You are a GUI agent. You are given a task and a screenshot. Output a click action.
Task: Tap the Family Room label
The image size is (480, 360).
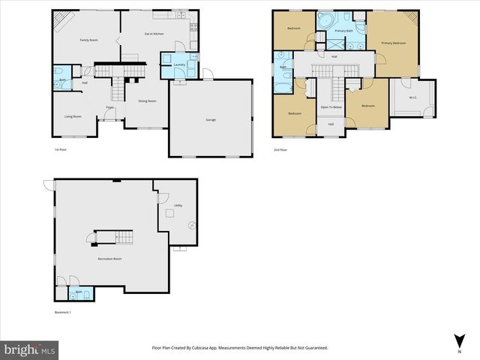[x=90, y=40]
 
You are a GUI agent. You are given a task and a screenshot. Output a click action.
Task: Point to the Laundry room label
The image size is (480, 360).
[x=179, y=65]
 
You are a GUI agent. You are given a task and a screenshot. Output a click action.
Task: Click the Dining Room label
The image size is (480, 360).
[x=147, y=100]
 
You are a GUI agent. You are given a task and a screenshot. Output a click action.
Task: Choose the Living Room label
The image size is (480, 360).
[x=72, y=116]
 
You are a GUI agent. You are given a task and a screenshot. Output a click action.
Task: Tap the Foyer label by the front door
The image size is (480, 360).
[x=109, y=108]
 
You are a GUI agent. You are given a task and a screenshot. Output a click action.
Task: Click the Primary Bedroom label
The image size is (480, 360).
[x=393, y=43]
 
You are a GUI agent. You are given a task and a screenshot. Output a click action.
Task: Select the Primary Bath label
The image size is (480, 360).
[x=344, y=31]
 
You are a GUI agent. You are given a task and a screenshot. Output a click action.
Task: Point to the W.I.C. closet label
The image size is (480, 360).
[x=413, y=97]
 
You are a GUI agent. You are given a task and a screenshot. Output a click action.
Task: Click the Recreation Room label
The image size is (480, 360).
[x=109, y=258]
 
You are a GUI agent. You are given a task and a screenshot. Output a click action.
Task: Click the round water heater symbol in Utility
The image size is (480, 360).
[x=191, y=224]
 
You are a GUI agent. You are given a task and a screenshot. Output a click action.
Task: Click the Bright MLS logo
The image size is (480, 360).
[x=30, y=349]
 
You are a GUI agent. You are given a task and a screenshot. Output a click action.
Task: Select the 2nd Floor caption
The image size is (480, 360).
[x=280, y=149]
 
